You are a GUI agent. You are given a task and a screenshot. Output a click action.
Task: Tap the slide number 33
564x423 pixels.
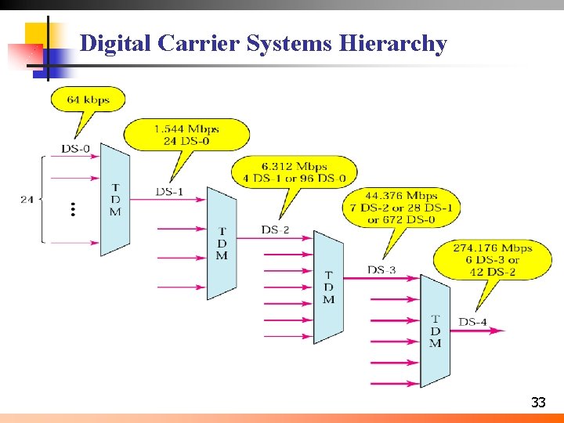point(538,403)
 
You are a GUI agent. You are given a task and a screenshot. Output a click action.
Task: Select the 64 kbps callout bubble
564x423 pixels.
point(88,99)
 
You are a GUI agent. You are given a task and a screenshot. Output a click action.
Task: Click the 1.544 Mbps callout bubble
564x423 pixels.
point(186,134)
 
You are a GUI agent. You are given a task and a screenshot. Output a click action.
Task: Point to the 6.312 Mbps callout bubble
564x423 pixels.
point(295,172)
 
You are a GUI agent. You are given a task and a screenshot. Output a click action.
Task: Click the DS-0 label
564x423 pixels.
point(76,149)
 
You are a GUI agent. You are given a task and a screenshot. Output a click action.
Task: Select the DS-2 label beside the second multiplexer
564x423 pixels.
point(275,230)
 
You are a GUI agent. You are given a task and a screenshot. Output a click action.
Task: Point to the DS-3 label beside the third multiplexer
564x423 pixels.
point(381,270)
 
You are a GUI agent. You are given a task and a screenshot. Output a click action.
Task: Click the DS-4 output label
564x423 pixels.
point(472,322)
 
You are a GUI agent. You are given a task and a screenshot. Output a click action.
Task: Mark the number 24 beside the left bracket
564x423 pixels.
point(27,200)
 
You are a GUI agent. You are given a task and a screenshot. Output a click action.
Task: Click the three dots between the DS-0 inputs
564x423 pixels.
point(72,209)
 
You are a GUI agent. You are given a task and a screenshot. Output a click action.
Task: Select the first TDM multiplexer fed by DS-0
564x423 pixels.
point(115,200)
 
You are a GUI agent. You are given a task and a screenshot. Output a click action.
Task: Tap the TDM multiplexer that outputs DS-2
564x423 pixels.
point(222,244)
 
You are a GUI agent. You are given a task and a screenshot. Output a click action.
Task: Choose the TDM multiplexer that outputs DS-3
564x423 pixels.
point(328,287)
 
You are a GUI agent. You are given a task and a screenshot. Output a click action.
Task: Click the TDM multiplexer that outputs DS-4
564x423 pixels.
point(435,331)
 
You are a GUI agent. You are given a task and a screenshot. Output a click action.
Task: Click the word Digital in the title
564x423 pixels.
point(115,44)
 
